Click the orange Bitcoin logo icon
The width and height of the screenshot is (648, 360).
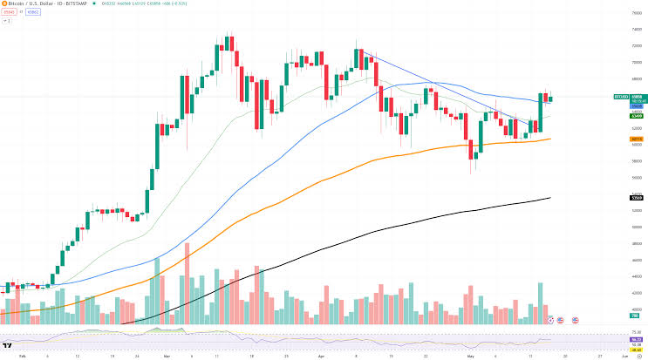tap(3, 4)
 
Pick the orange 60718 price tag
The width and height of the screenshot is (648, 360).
tap(637, 139)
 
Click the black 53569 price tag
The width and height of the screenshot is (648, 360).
tap(637, 198)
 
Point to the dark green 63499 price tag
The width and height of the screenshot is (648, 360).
tap(637, 115)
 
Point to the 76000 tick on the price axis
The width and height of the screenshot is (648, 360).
tap(637, 12)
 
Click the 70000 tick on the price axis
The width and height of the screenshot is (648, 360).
tap(637, 62)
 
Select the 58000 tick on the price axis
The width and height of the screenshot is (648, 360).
tap(637, 160)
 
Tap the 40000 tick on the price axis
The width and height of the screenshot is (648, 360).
tap(637, 309)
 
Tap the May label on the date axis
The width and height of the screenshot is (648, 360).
tap(469, 357)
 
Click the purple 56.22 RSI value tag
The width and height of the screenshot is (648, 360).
tap(637, 339)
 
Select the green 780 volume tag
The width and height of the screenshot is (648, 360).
tap(637, 317)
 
